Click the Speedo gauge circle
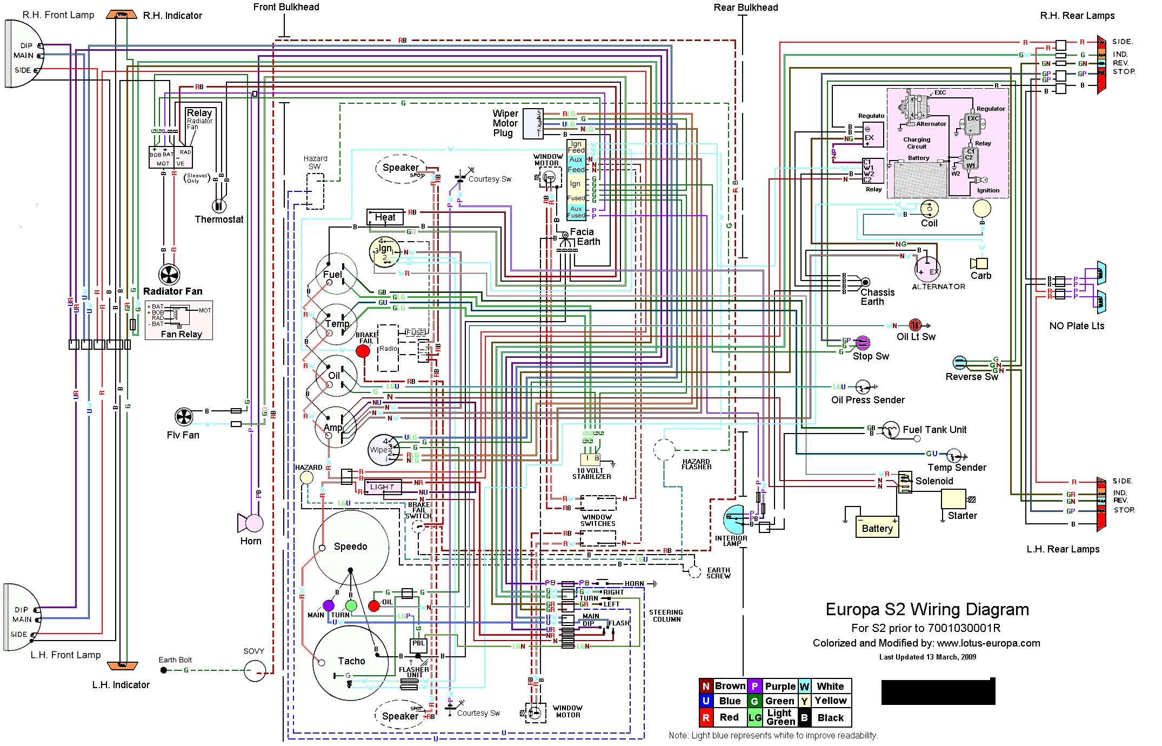[351, 547]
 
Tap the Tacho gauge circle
[350, 662]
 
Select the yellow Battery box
[877, 528]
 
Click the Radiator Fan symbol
[169, 275]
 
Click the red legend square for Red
[706, 717]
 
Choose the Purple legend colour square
[754, 686]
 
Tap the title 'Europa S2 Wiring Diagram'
[927, 609]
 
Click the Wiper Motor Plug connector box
[533, 123]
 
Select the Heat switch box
[385, 217]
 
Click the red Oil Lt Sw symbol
[915, 325]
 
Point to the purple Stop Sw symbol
[863, 342]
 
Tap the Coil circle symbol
[929, 208]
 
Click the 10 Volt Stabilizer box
[590, 459]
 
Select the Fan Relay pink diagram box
[179, 320]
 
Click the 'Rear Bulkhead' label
[745, 8]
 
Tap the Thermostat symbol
[218, 205]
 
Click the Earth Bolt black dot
[164, 670]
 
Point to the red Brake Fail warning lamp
[363, 351]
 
